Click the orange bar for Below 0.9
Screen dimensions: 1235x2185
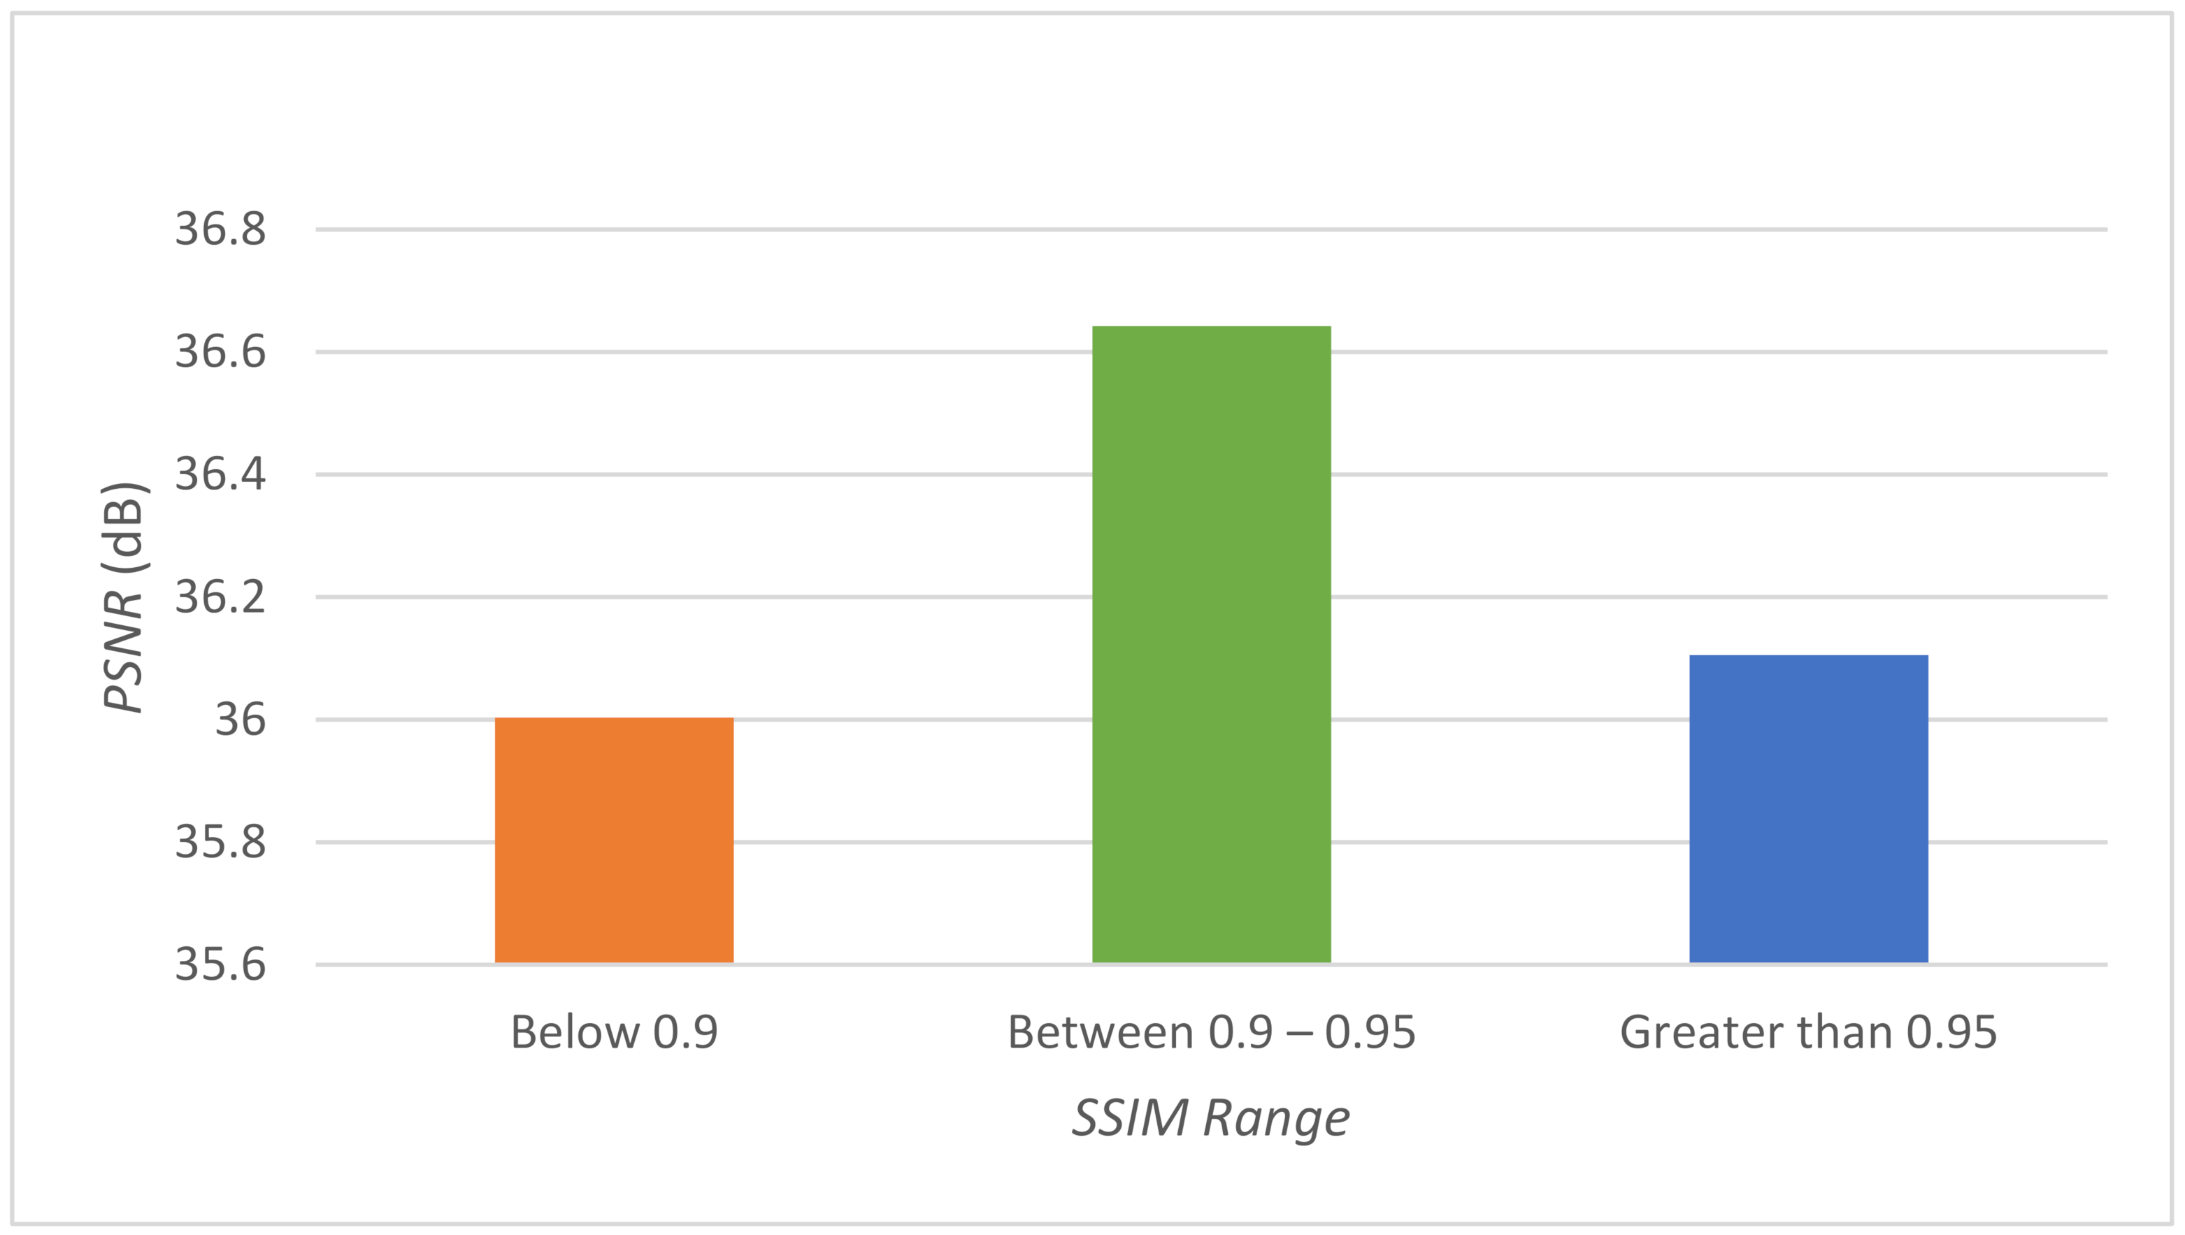click(x=614, y=840)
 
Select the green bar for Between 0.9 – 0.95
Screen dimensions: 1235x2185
click(x=1211, y=645)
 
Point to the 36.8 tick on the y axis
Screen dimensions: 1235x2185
click(x=220, y=229)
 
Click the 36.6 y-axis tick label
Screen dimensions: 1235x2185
click(x=220, y=352)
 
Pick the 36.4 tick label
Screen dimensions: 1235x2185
click(x=220, y=474)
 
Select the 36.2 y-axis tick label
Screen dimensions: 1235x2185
click(x=220, y=597)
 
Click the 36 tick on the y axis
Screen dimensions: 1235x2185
click(x=240, y=720)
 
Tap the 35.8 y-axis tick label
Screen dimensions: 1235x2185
click(x=220, y=842)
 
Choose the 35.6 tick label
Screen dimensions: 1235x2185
click(x=220, y=965)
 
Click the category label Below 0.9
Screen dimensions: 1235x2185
click(x=614, y=1032)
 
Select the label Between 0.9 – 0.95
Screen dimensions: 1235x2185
click(x=1211, y=1032)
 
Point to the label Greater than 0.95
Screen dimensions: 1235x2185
click(x=1808, y=1032)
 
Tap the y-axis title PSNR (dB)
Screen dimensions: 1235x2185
click(x=124, y=597)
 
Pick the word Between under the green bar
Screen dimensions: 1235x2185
click(x=1100, y=1032)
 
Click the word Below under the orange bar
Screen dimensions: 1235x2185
click(x=574, y=1032)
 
